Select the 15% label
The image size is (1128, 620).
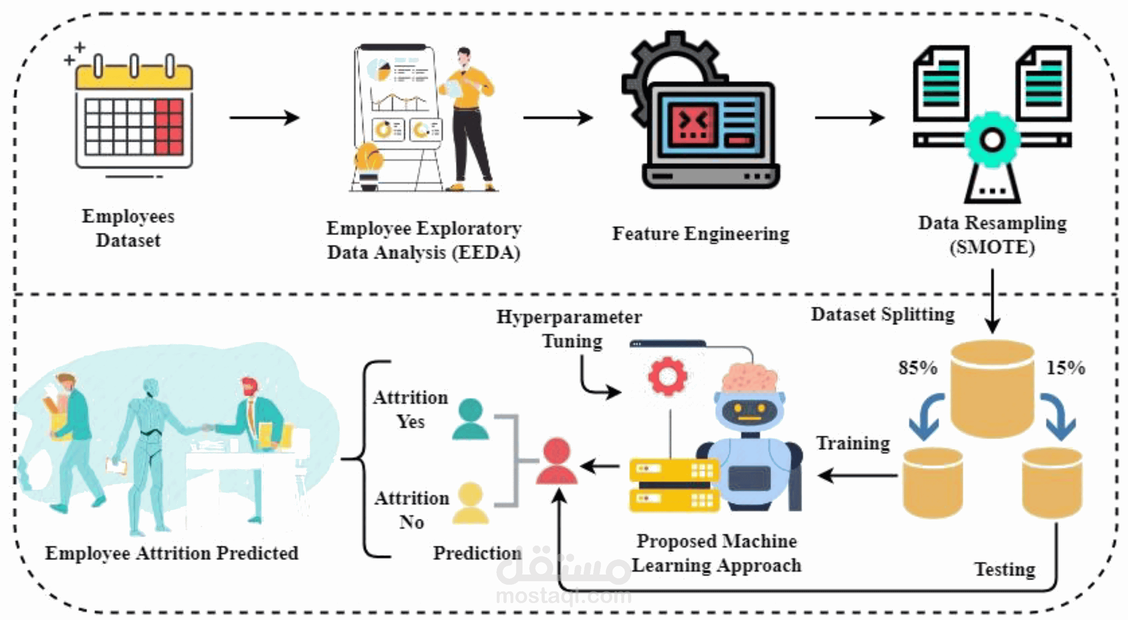click(1066, 367)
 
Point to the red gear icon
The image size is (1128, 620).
click(667, 376)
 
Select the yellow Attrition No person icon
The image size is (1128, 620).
click(470, 503)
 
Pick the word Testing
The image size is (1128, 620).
click(1004, 569)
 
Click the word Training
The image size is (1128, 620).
click(853, 443)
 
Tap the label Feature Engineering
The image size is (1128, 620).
click(700, 234)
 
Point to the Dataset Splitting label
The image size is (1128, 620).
click(883, 314)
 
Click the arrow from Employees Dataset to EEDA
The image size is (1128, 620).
click(264, 118)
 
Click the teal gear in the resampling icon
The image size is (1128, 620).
click(992, 140)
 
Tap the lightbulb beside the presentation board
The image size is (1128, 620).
click(369, 159)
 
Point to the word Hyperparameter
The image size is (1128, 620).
click(569, 317)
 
